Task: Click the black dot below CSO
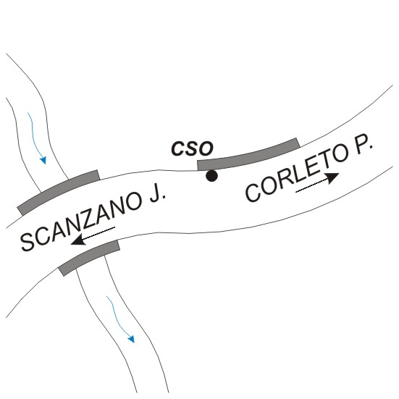click(211, 176)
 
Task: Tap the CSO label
click(192, 148)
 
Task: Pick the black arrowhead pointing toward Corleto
click(332, 177)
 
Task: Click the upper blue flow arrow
click(36, 138)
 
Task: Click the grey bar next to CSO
click(248, 155)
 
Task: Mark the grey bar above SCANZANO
click(59, 191)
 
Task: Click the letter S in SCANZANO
click(28, 242)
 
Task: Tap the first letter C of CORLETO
click(253, 193)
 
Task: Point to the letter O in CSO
click(206, 148)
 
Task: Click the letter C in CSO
click(178, 148)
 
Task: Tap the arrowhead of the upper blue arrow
click(43, 160)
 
